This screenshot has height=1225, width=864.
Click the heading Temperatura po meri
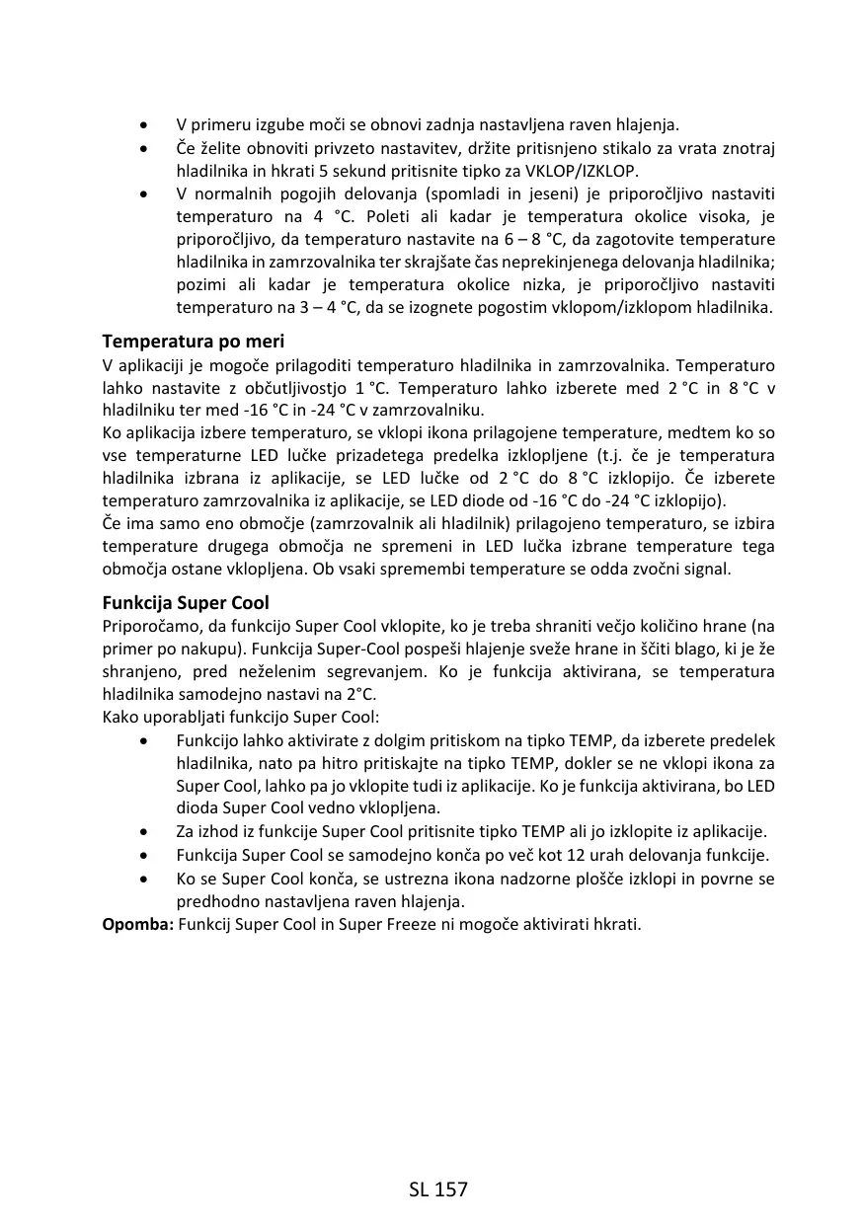pos(194,342)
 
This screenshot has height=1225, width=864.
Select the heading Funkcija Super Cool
pos(186,602)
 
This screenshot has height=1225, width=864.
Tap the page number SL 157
pos(437,1189)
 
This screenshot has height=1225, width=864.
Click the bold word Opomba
pos(138,925)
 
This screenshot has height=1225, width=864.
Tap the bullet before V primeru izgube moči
pos(145,125)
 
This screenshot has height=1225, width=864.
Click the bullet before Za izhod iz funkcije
pos(145,832)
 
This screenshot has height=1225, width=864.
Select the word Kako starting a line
pos(122,717)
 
